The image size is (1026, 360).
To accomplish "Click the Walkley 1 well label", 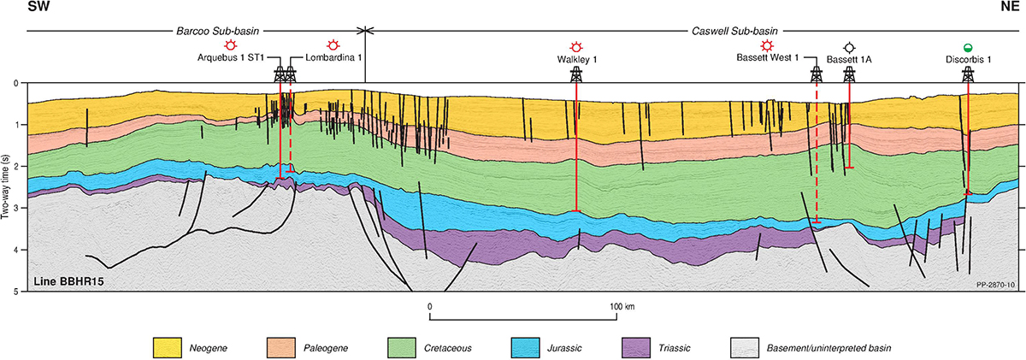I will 575,60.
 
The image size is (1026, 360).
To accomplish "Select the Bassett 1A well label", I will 848,60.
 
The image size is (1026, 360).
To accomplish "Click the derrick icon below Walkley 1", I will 575,74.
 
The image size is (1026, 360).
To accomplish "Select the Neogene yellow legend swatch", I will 166,348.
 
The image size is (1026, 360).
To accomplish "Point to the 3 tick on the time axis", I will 18,209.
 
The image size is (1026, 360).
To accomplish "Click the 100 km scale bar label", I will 617,306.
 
